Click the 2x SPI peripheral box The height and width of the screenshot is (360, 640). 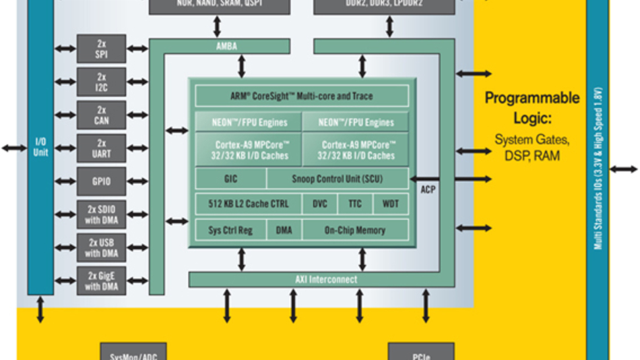click(x=101, y=49)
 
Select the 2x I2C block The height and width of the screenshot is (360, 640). click(x=101, y=82)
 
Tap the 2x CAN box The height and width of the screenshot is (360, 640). click(x=101, y=115)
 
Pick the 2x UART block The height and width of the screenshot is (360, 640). click(x=101, y=148)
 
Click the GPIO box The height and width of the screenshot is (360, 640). click(x=101, y=181)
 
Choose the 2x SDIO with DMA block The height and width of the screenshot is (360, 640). click(x=101, y=214)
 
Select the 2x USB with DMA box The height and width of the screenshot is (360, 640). click(x=101, y=247)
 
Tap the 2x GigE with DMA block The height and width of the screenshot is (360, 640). click(x=101, y=280)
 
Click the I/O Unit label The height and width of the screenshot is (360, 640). click(x=40, y=148)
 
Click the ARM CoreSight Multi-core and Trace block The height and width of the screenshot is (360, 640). click(x=302, y=96)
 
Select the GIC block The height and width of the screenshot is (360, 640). click(x=230, y=179)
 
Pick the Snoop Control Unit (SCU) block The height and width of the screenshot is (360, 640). click(x=338, y=179)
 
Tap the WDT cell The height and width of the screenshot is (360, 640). click(x=390, y=204)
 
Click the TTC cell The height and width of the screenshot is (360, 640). click(x=355, y=204)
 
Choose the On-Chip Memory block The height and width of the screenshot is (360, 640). click(x=355, y=230)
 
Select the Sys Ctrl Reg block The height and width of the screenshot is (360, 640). click(x=230, y=230)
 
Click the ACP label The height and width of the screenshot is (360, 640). click(x=428, y=190)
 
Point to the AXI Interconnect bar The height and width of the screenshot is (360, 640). click(x=326, y=279)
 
